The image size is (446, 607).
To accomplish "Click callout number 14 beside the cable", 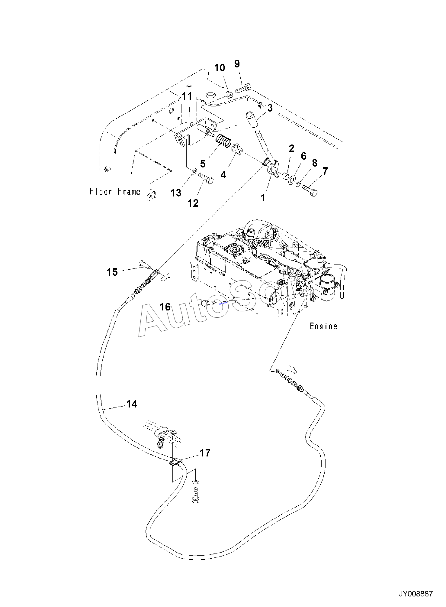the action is tap(132, 404).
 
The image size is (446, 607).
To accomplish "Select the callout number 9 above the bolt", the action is tap(237, 64).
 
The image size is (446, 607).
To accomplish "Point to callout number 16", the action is tap(165, 307).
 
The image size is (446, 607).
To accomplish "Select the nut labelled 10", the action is tap(229, 94).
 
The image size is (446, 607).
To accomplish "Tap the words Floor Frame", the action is tap(115, 191).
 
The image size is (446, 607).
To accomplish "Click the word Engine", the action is tap(324, 326).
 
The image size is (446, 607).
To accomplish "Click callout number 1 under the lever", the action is tap(263, 198).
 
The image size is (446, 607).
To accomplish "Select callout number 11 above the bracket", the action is tap(187, 96).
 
